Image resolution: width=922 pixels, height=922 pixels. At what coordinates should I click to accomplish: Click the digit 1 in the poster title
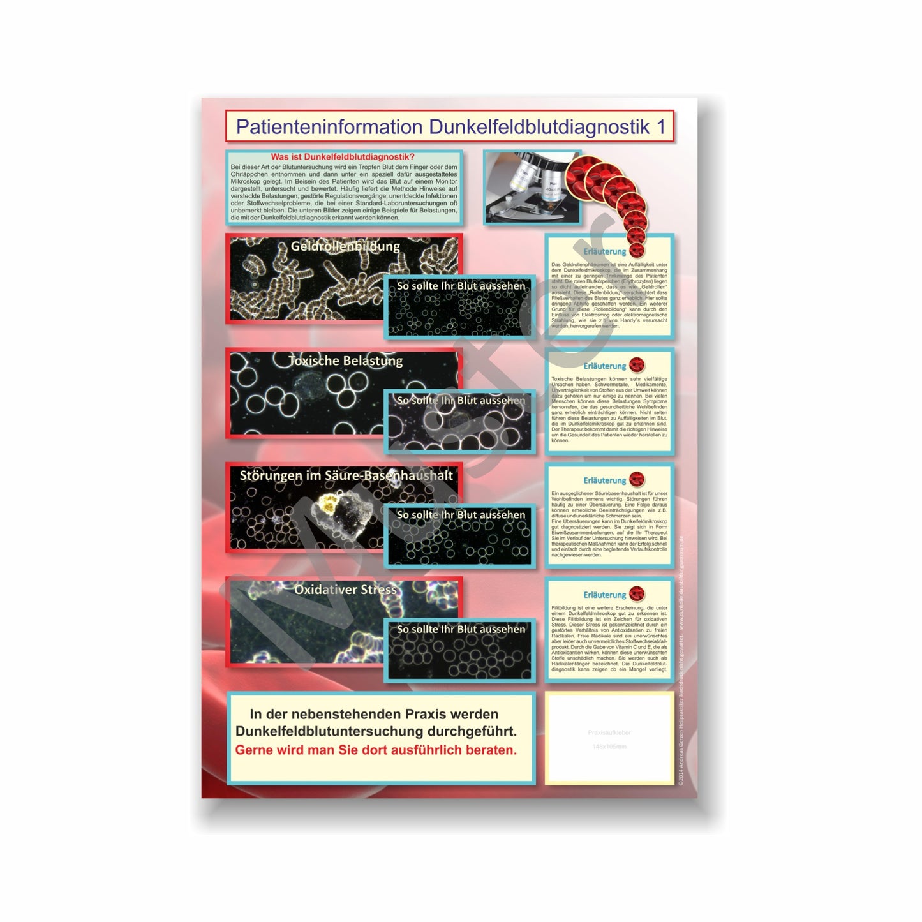pyautogui.click(x=661, y=127)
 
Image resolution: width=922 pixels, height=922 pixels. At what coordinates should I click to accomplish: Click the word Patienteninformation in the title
pyautogui.click(x=329, y=127)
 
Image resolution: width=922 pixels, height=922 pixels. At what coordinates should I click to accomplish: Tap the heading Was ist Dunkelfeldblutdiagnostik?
pyautogui.click(x=343, y=157)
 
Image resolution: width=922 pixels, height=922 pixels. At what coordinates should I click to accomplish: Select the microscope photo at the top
pyautogui.click(x=532, y=187)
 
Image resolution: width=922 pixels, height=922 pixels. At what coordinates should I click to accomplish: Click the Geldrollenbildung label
pyautogui.click(x=345, y=246)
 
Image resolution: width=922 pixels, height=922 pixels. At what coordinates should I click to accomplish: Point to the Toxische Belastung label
pyautogui.click(x=345, y=361)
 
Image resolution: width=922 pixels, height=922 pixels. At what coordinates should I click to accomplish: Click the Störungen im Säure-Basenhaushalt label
pyautogui.click(x=346, y=475)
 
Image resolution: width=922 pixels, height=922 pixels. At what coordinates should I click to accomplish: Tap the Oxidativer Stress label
pyautogui.click(x=345, y=590)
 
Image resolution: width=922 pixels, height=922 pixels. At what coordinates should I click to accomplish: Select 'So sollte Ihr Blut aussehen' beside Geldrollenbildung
pyautogui.click(x=461, y=286)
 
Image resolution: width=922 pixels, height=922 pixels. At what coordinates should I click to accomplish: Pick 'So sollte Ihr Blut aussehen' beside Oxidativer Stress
pyautogui.click(x=461, y=629)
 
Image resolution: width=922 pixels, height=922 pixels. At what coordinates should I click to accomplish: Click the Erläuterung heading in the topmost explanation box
pyautogui.click(x=604, y=251)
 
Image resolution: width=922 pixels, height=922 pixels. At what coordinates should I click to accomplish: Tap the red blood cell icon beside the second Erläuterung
pyautogui.click(x=637, y=365)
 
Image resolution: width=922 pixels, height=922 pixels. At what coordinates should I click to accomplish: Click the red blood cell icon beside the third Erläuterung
pyautogui.click(x=637, y=479)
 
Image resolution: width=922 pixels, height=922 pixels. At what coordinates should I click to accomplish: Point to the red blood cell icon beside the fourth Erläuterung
pyautogui.click(x=637, y=594)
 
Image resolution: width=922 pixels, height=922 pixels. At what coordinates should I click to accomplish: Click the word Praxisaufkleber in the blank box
pyautogui.click(x=609, y=732)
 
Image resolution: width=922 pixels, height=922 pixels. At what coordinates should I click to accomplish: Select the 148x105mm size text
pyautogui.click(x=609, y=747)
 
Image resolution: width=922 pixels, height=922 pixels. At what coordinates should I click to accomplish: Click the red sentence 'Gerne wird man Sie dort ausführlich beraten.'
pyautogui.click(x=376, y=750)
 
